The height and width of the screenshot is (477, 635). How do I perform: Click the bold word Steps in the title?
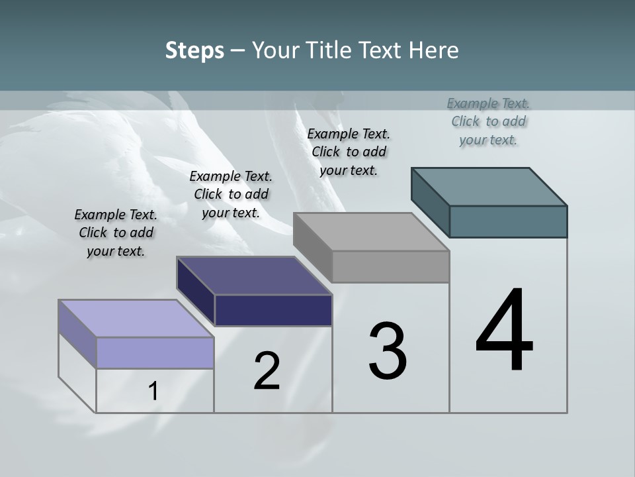click(194, 50)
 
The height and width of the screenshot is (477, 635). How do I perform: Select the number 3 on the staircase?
click(388, 351)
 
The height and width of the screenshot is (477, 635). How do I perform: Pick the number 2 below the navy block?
click(267, 372)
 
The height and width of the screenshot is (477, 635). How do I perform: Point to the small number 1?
click(153, 392)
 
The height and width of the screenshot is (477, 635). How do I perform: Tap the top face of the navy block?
click(255, 276)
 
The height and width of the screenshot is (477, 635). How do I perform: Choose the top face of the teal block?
click(489, 187)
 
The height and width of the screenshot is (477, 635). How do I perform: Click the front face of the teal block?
click(508, 221)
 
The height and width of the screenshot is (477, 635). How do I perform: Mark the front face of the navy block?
click(273, 310)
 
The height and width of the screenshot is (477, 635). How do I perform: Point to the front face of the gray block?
click(390, 266)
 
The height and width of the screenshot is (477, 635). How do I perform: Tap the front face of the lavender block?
click(155, 352)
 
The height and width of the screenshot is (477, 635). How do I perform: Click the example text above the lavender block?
click(116, 233)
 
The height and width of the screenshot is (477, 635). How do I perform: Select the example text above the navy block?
click(231, 195)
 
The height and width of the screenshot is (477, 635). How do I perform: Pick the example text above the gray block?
click(349, 152)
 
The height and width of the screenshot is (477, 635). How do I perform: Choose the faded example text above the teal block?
click(488, 122)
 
